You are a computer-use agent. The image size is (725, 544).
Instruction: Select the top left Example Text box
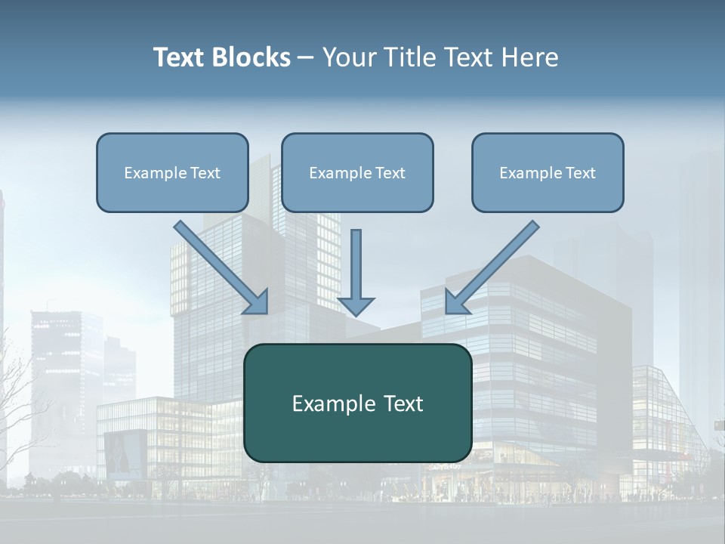(172, 172)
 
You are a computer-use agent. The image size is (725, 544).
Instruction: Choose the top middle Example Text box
(357, 172)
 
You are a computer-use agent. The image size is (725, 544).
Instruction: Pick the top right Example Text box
(548, 172)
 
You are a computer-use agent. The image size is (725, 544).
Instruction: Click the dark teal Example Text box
(357, 403)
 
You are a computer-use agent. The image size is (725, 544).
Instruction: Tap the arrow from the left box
(221, 267)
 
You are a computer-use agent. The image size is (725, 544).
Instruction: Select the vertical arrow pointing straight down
(356, 268)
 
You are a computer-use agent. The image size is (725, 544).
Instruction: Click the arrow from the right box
(492, 267)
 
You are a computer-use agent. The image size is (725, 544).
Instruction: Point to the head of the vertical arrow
(356, 306)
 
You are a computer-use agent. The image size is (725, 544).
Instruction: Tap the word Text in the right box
(580, 173)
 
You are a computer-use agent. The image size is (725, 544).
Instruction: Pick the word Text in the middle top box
(390, 173)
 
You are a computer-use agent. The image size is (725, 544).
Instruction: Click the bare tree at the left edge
(19, 408)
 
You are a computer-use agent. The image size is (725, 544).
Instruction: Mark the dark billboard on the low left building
(125, 453)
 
